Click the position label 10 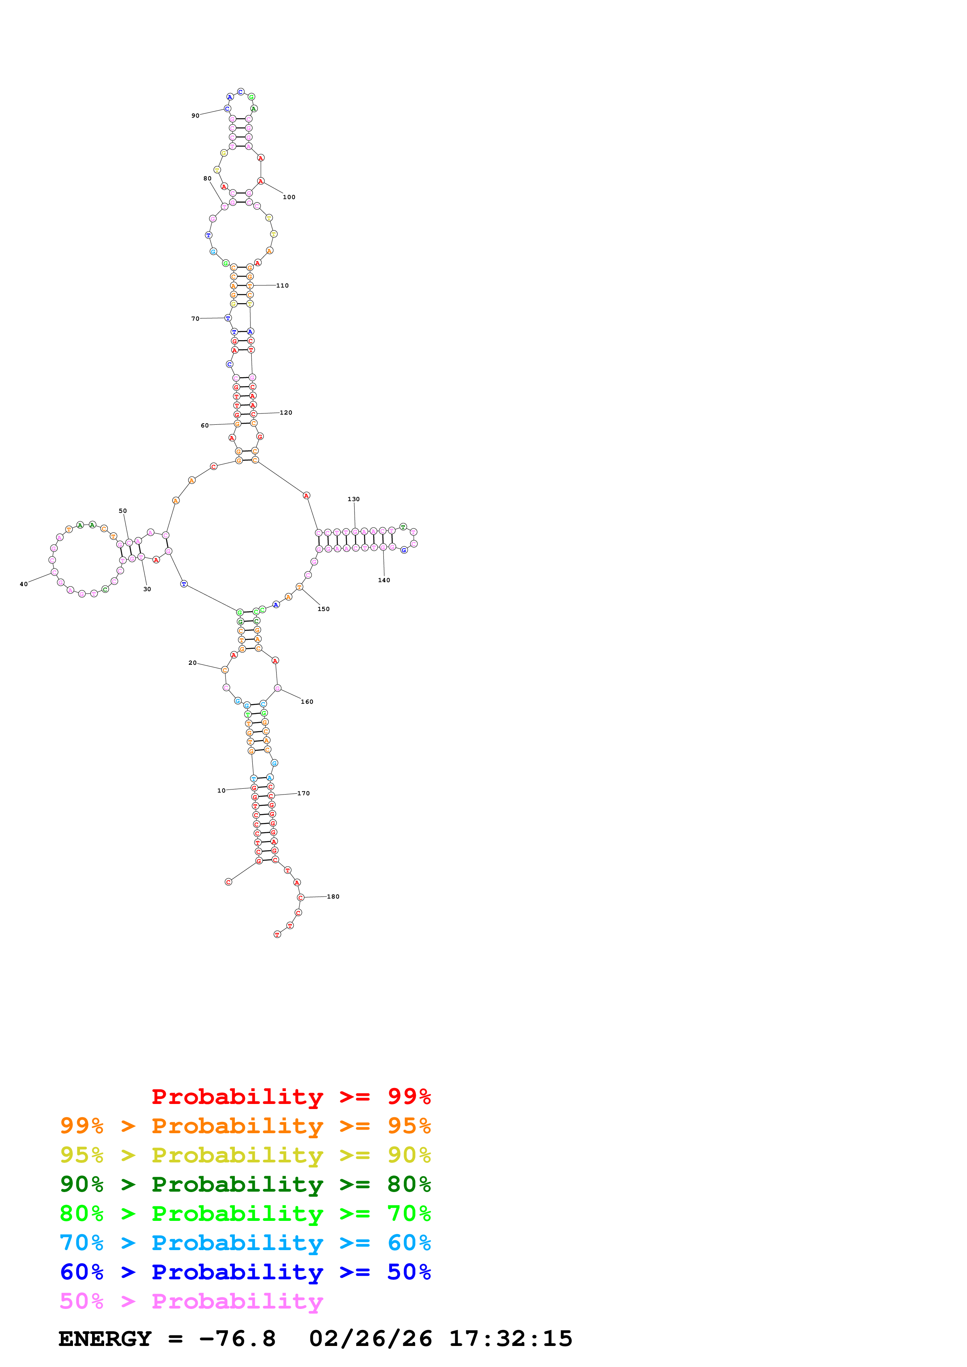pyautogui.click(x=221, y=791)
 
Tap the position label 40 pyautogui.click(x=24, y=584)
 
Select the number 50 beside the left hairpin pyautogui.click(x=123, y=511)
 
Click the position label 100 pyautogui.click(x=289, y=197)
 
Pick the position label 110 pyautogui.click(x=282, y=286)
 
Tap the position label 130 pyautogui.click(x=353, y=499)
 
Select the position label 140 pyautogui.click(x=384, y=580)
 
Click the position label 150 pyautogui.click(x=323, y=609)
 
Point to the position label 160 pyautogui.click(x=307, y=702)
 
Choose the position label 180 pyautogui.click(x=333, y=897)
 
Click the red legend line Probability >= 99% pyautogui.click(x=291, y=1097)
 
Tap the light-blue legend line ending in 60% pyautogui.click(x=245, y=1243)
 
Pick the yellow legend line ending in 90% pyautogui.click(x=245, y=1155)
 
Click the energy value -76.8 pyautogui.click(x=237, y=1339)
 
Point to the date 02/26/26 pyautogui.click(x=370, y=1339)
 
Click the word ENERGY pyautogui.click(x=105, y=1339)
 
